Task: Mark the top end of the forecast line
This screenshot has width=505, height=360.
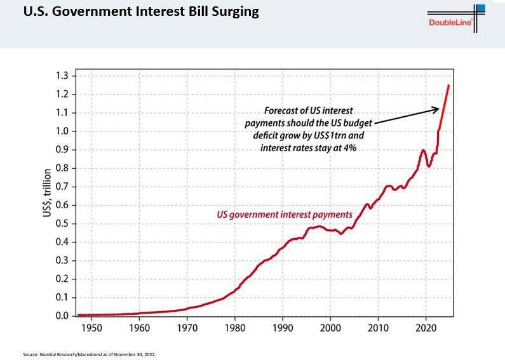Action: [449, 85]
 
